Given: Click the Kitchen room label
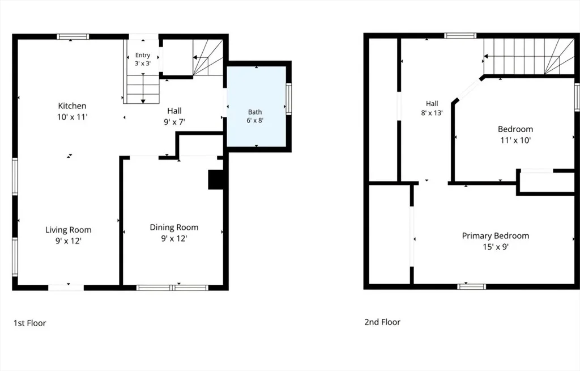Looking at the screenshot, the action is pyautogui.click(x=72, y=106).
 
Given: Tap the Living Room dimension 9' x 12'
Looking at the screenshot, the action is pyautogui.click(x=69, y=241).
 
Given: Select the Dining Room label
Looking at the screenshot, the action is pyautogui.click(x=174, y=227).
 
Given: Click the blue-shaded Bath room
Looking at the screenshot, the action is pyautogui.click(x=257, y=107).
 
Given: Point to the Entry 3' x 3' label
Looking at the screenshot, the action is pyautogui.click(x=143, y=59).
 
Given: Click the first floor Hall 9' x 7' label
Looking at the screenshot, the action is pyautogui.click(x=174, y=116).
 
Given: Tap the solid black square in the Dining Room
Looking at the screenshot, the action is pyautogui.click(x=216, y=180).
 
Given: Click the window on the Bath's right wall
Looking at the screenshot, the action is pyautogui.click(x=288, y=99).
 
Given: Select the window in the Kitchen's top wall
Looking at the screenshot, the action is pyautogui.click(x=73, y=37).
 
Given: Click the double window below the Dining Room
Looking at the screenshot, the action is pyautogui.click(x=173, y=288).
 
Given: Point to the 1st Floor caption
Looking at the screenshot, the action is pyautogui.click(x=30, y=323).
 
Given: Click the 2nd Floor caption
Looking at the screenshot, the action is pyautogui.click(x=382, y=322).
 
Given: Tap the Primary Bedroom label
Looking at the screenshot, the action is pyautogui.click(x=496, y=236).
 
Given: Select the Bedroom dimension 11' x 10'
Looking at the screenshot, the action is pyautogui.click(x=515, y=140).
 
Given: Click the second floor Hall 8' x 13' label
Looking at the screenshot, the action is pyautogui.click(x=432, y=108).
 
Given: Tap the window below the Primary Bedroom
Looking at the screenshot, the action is pyautogui.click(x=472, y=286).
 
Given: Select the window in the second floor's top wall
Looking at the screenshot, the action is pyautogui.click(x=460, y=36).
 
